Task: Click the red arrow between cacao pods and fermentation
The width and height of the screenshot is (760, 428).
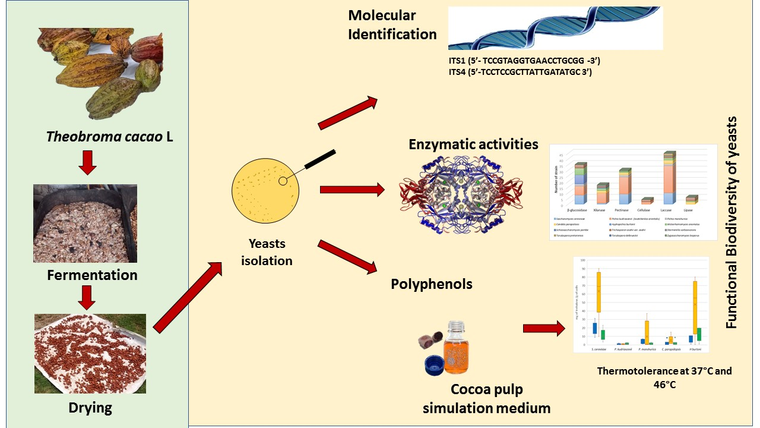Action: tap(87, 163)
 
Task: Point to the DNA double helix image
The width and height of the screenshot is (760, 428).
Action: tap(555, 28)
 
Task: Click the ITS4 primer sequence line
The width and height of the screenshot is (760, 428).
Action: tap(520, 73)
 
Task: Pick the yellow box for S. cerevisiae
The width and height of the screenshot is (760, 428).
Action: tap(598, 292)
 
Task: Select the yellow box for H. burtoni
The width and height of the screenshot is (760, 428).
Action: tap(695, 307)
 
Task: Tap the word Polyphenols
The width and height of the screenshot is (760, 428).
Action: tap(432, 284)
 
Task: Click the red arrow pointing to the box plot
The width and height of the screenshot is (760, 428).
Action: tap(544, 329)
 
